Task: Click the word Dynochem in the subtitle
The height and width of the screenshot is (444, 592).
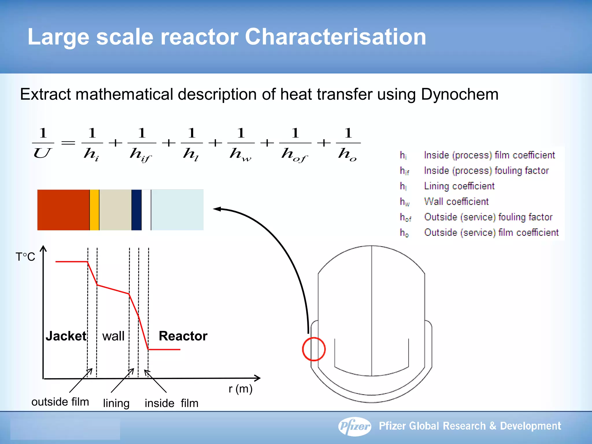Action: coord(460,95)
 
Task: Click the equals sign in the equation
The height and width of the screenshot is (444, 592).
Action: coord(68,143)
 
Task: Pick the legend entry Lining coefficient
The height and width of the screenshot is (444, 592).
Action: coord(459,186)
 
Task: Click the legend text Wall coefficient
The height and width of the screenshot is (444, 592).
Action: coord(456,201)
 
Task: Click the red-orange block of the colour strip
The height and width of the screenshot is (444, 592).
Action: coord(63,210)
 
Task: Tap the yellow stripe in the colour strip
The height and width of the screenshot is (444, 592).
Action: coord(94,210)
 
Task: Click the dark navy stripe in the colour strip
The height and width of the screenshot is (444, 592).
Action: coord(136,210)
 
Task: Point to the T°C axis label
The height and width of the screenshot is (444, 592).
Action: coord(25,257)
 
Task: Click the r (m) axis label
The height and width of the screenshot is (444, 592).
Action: coord(240,389)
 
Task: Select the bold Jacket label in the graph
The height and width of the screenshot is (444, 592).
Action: coord(66,336)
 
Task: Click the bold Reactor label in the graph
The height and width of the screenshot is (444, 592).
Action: coord(183,336)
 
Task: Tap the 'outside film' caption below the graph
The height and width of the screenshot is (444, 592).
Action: coord(60,402)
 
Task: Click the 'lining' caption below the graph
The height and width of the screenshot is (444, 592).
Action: coord(116,403)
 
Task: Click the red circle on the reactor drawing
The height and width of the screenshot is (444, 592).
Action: coord(314,349)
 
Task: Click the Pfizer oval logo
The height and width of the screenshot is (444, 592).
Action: coord(355,426)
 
